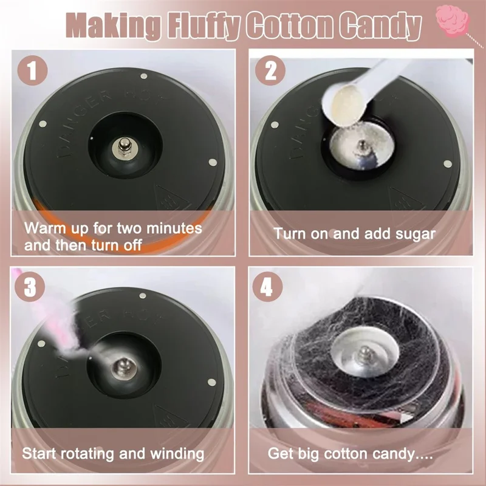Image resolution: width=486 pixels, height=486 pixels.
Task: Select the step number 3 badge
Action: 30,287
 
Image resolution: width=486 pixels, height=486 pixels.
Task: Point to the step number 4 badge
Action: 267,287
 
